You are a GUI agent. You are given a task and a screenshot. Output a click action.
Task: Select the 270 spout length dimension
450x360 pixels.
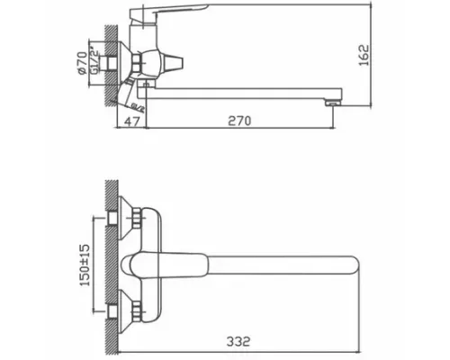point(238,120)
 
